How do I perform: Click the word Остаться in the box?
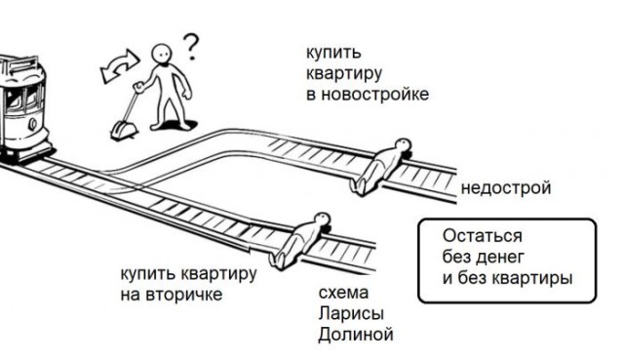click(482, 237)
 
